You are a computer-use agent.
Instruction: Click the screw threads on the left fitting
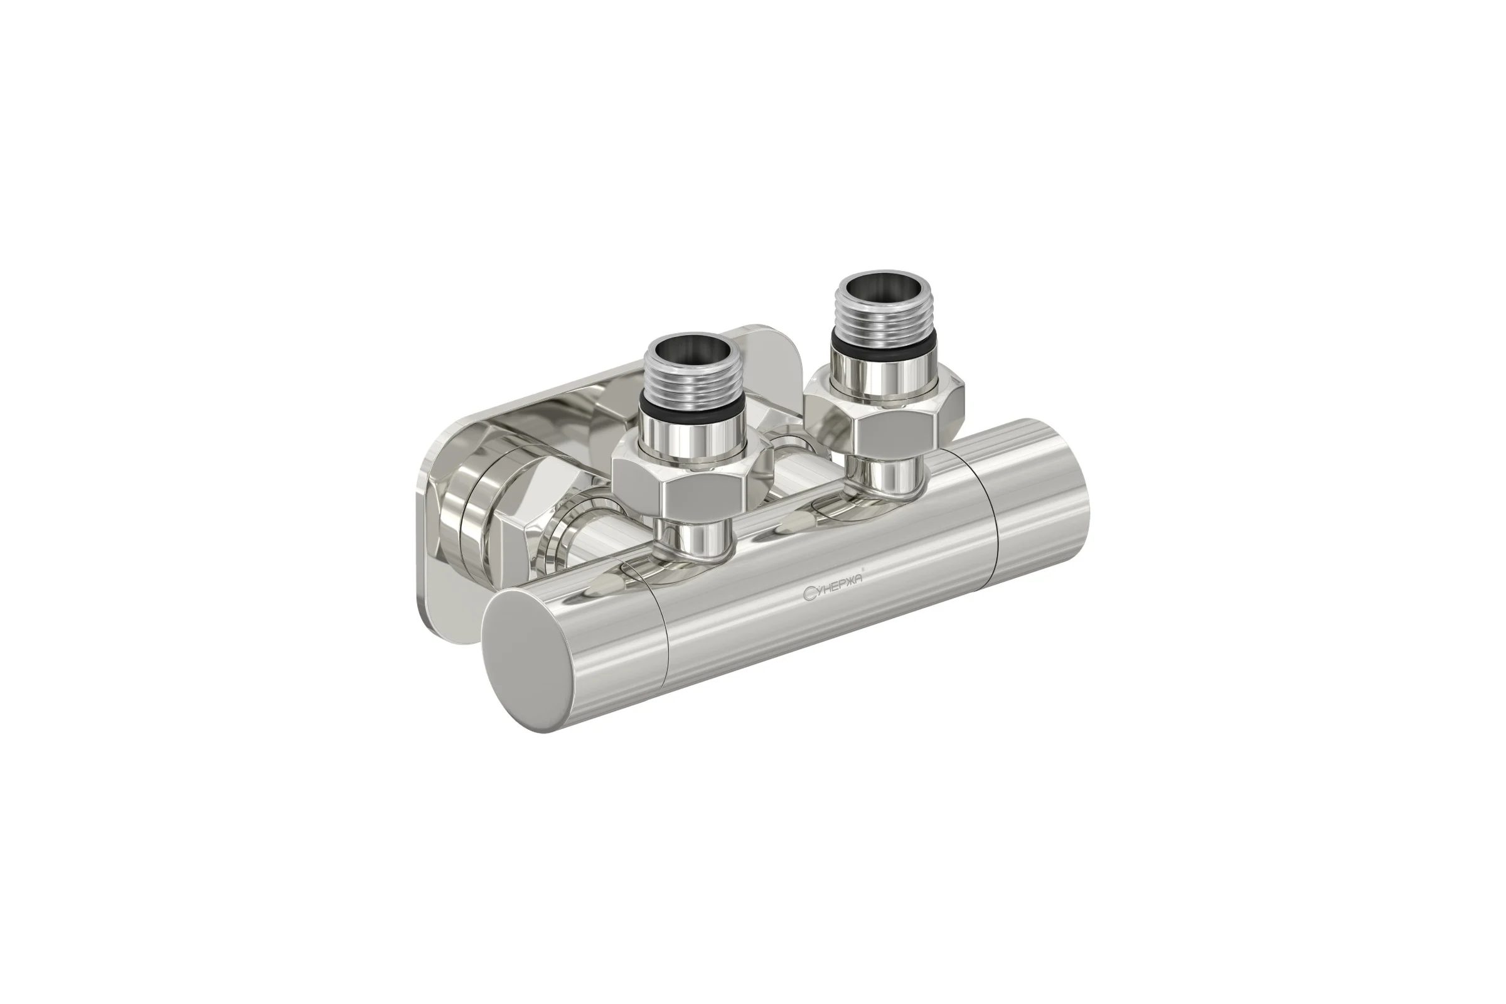pos(690,381)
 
